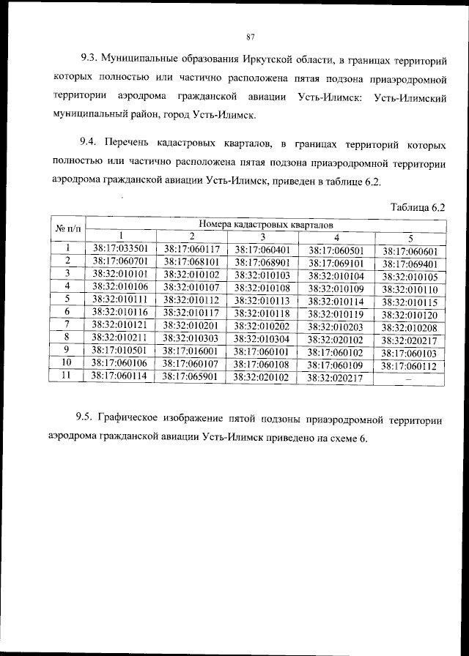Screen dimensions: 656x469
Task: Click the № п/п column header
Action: [67, 230]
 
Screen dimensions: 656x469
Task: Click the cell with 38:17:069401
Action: [409, 264]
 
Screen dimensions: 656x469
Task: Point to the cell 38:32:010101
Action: [121, 274]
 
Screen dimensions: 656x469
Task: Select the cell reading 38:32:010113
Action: [263, 300]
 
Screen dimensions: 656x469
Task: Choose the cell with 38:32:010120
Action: [409, 314]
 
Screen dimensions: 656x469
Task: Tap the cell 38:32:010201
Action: [191, 325]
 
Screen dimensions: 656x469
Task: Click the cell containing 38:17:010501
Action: [121, 350]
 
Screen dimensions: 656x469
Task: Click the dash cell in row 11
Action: [409, 379]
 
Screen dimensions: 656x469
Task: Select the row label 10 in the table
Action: [67, 362]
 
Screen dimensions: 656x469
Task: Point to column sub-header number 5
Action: [410, 237]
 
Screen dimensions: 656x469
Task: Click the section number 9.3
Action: [89, 56]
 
